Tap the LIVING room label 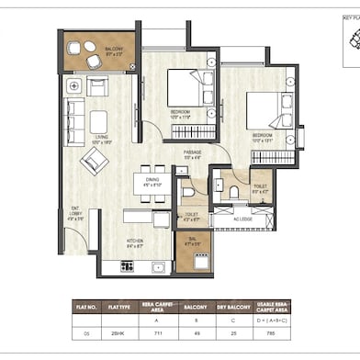(99, 140)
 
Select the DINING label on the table (152, 181)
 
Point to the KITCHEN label (134, 243)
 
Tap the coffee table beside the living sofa (98, 120)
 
